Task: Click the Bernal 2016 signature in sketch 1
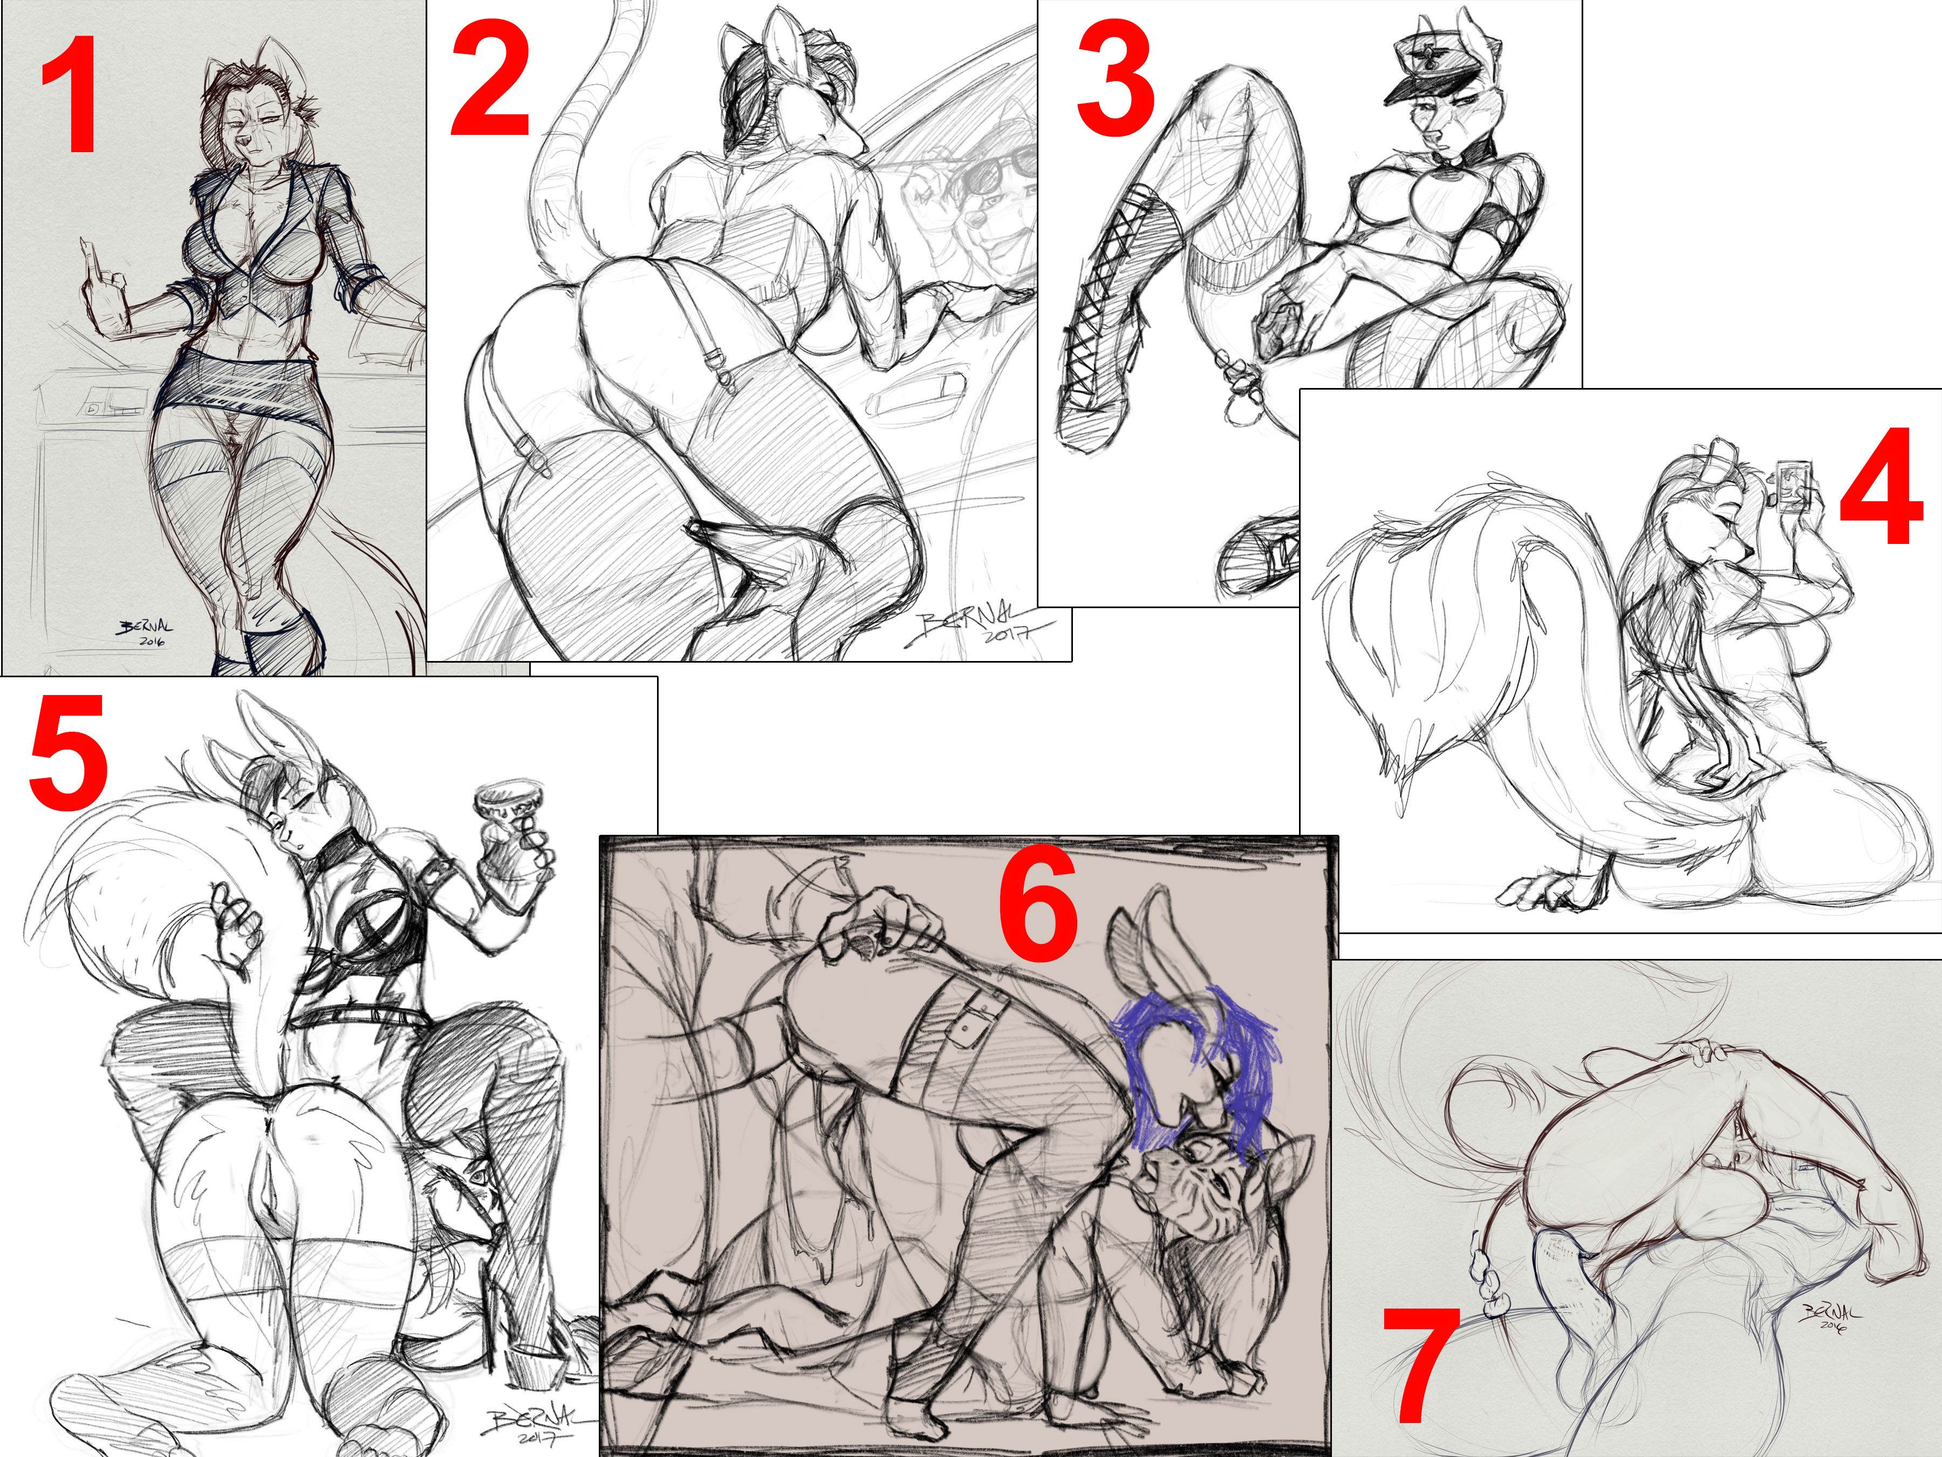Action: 145,632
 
